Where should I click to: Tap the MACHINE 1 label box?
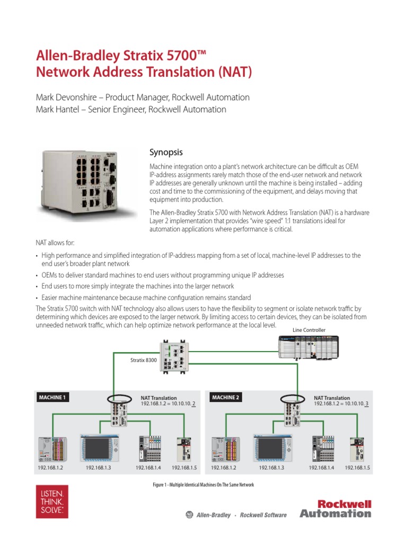pos(53,397)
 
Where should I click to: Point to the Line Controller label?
pos(309,330)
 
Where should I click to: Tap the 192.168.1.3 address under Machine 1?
pos(99,468)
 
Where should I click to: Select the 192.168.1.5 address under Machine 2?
pos(357,468)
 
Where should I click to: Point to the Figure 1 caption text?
pos(203,485)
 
